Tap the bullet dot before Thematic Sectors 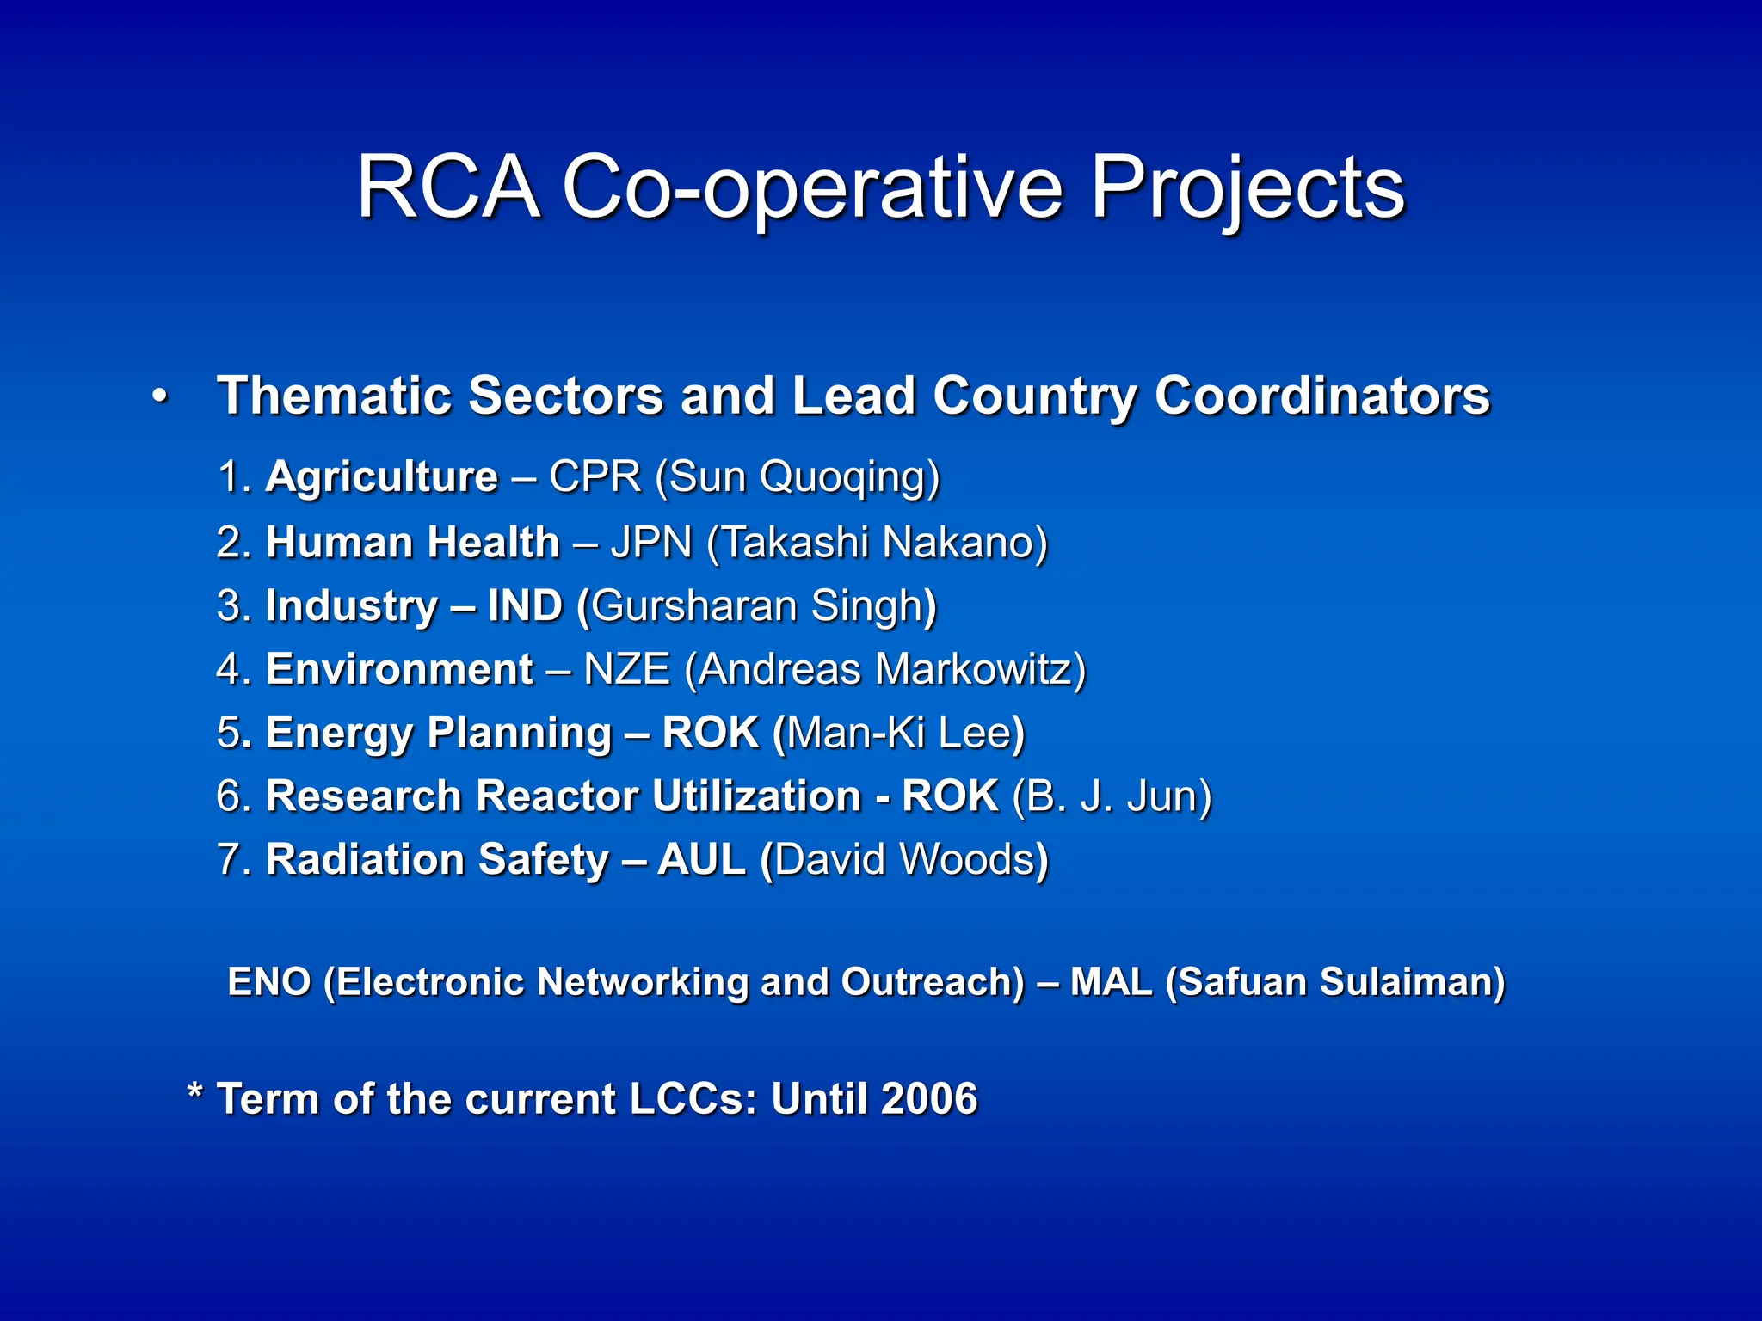[159, 397]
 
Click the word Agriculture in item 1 [381, 477]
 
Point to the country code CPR [595, 477]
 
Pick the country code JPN [651, 543]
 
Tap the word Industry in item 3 [352, 606]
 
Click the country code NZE [626, 670]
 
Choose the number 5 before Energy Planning [230, 734]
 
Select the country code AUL [701, 860]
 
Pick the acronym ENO [268, 982]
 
